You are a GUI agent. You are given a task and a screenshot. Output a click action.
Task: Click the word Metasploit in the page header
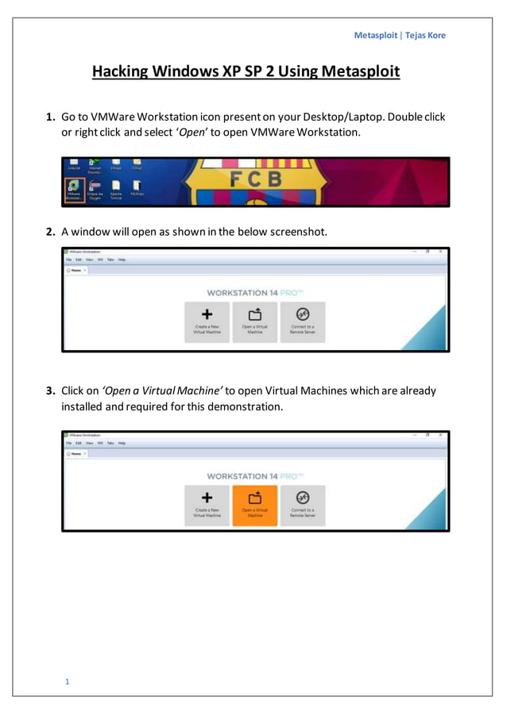coord(375,35)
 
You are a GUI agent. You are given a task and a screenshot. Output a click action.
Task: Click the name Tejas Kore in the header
coord(426,35)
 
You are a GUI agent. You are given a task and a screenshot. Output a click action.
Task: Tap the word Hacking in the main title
coord(121,72)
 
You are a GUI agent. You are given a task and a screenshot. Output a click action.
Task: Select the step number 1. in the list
coord(50,117)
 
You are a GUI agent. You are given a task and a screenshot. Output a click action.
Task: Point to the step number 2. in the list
coord(50,232)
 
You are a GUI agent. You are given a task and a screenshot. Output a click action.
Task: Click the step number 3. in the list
coord(50,391)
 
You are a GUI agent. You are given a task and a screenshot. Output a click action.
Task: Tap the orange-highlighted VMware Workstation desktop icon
coord(74,190)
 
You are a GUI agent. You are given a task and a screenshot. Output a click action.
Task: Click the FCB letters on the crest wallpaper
coord(256,180)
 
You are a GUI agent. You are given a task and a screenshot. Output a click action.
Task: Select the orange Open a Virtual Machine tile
coord(255,506)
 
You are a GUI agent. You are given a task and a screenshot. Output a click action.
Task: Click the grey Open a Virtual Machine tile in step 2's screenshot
coord(255,321)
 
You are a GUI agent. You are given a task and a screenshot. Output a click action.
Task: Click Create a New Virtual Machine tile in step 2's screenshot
coord(207,321)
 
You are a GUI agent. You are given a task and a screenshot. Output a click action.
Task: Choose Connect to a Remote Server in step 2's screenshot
coord(303,321)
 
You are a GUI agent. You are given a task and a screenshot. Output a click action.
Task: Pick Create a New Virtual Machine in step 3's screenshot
coord(207,506)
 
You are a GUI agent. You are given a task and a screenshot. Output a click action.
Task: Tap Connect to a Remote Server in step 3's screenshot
coord(303,506)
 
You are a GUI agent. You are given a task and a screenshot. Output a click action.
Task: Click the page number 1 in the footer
coord(68,681)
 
